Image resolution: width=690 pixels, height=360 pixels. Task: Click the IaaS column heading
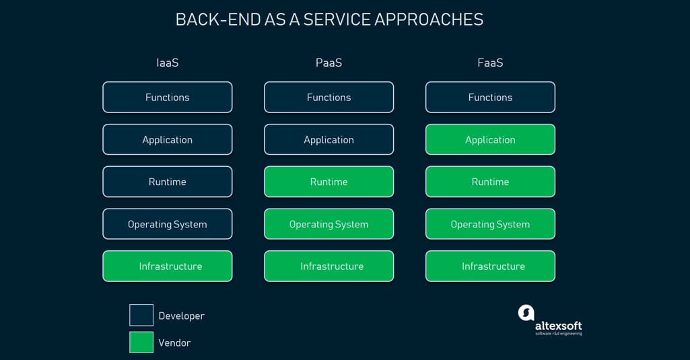[x=167, y=63]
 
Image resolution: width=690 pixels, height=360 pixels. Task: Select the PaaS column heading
[x=329, y=63]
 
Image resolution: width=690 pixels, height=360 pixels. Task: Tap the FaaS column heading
[x=490, y=63]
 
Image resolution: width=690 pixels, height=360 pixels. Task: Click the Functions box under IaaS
[x=167, y=98]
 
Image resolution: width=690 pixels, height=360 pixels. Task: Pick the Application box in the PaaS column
[x=329, y=139]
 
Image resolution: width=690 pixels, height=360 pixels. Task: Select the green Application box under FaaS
[x=490, y=139]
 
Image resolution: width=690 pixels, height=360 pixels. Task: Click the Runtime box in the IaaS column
[x=167, y=182]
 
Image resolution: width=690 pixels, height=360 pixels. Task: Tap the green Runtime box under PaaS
[x=329, y=182]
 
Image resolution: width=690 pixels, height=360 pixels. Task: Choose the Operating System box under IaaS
[x=167, y=224]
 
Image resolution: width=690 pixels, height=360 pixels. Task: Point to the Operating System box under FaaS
[x=490, y=224]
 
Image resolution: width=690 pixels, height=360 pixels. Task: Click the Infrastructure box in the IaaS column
[x=167, y=266]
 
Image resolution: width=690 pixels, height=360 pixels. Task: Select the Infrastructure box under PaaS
[x=329, y=266]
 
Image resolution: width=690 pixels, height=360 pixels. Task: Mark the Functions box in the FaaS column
[x=490, y=98]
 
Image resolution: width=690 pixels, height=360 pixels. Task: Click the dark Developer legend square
[x=141, y=315]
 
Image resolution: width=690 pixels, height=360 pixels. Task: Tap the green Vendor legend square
[x=141, y=342]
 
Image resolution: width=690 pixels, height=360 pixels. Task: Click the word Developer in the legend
[x=181, y=316]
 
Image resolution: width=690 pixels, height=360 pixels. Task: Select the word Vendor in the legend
[x=174, y=343]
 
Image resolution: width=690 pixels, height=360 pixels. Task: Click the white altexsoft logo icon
[x=526, y=313]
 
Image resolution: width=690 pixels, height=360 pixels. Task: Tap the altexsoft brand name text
[x=559, y=326]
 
